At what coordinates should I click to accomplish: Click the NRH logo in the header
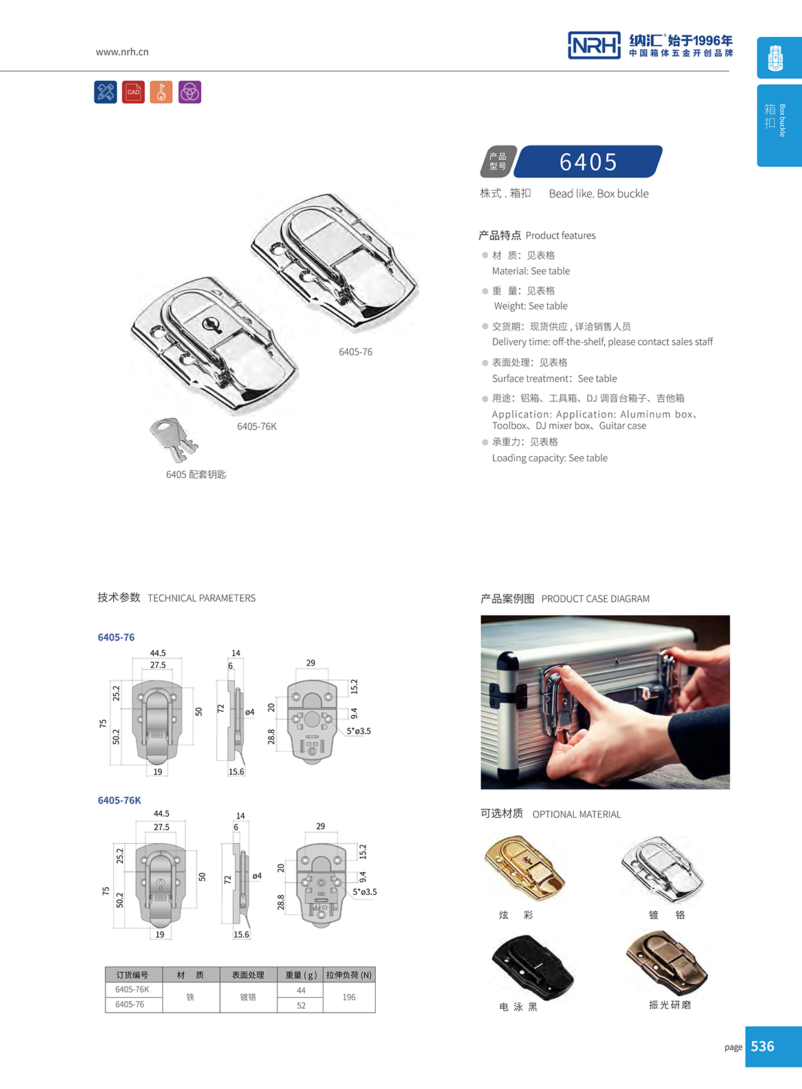click(594, 45)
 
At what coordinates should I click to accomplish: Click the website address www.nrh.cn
click(122, 52)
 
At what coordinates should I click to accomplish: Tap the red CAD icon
click(133, 92)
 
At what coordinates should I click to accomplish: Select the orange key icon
click(161, 92)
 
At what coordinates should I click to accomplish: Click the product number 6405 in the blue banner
click(588, 162)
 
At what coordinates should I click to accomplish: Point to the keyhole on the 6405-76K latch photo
click(212, 323)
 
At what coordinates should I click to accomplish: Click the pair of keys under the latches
click(173, 438)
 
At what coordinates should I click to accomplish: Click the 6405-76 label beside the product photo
click(355, 352)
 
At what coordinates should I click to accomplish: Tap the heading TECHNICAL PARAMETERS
click(201, 598)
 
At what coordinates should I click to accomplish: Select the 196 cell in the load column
click(349, 997)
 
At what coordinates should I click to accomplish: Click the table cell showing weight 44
click(301, 990)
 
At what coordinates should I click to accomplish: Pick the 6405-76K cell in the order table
click(133, 989)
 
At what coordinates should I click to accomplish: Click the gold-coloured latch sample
click(524, 867)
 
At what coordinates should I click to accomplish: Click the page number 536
click(763, 1046)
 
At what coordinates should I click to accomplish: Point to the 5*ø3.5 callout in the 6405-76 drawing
click(358, 731)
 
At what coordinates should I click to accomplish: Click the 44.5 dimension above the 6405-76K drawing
click(161, 813)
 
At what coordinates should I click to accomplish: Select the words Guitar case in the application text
click(622, 426)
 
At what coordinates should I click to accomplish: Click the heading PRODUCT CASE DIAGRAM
click(595, 599)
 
